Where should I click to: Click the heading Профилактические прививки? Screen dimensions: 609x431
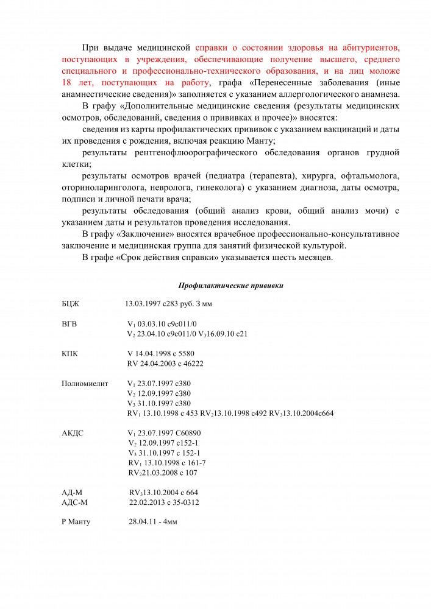click(230, 285)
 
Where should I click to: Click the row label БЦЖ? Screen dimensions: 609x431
click(70, 303)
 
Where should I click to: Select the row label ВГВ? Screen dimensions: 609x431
click(69, 323)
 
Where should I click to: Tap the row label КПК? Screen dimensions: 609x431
click(70, 353)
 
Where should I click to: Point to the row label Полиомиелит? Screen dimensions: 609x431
click(85, 384)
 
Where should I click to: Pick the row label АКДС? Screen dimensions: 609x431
click(73, 433)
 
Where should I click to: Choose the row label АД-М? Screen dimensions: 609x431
click(73, 492)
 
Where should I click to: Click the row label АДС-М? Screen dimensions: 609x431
click(75, 502)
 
